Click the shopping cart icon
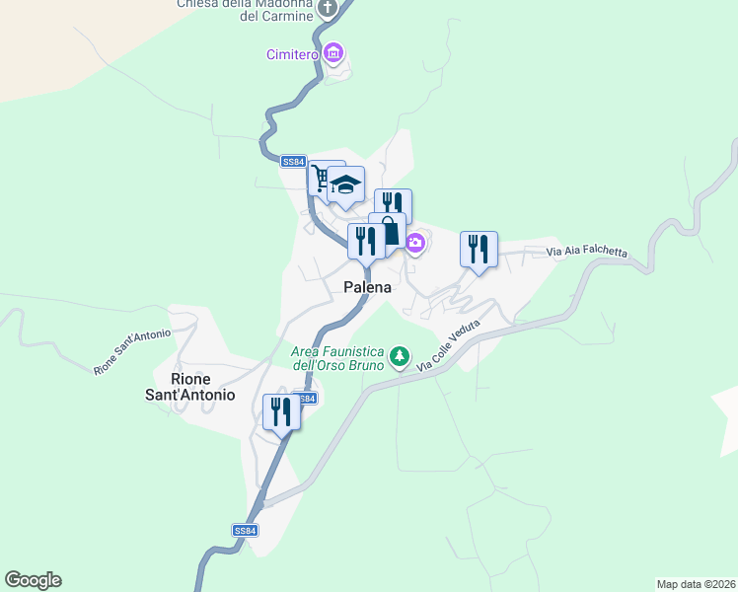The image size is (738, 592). pos(320,178)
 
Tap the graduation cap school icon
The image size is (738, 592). pos(346,185)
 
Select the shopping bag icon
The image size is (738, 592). pos(389,233)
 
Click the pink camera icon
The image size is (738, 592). pos(415,243)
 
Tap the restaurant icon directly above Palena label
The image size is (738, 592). pos(365,240)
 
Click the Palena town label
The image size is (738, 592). pos(367,288)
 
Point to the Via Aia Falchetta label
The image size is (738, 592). pos(587,252)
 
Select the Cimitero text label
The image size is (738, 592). pos(292,54)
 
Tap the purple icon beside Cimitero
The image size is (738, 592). pos(333,52)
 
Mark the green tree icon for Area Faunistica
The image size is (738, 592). pos(399,355)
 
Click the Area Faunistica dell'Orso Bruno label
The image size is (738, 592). pos(336,358)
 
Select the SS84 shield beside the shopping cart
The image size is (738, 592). pos(294,162)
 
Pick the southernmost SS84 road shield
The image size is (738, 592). pos(246,530)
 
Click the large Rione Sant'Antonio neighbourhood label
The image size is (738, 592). pos(203,386)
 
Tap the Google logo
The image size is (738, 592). pos(33,580)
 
